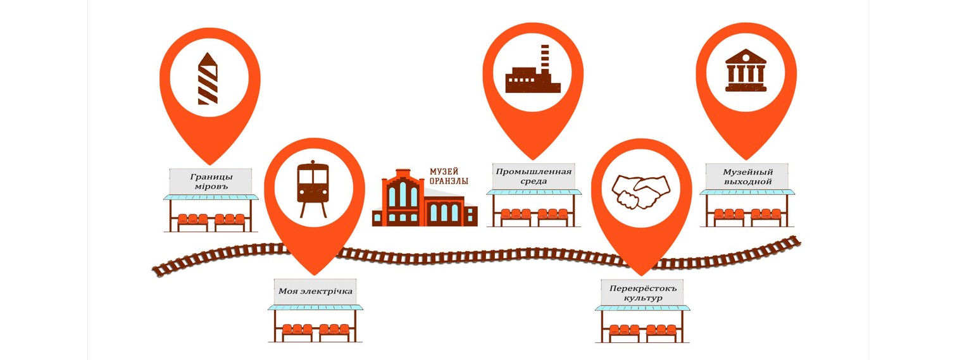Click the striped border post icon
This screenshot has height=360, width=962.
pos(208,78)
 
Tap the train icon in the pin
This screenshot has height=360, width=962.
pos(313,189)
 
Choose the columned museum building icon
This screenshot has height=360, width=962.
pos(746,70)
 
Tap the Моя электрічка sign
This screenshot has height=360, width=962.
pos(315,292)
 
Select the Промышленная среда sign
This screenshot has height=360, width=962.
pos(534,177)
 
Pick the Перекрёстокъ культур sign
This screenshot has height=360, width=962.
pos(642,293)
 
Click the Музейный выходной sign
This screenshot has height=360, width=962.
pos(747,177)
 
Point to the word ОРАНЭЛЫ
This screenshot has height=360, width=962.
pos(449,181)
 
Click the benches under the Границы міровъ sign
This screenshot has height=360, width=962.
pos(211,219)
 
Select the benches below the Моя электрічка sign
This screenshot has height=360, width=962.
pos(315,329)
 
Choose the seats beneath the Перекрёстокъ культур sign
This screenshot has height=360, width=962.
pos(642,330)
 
